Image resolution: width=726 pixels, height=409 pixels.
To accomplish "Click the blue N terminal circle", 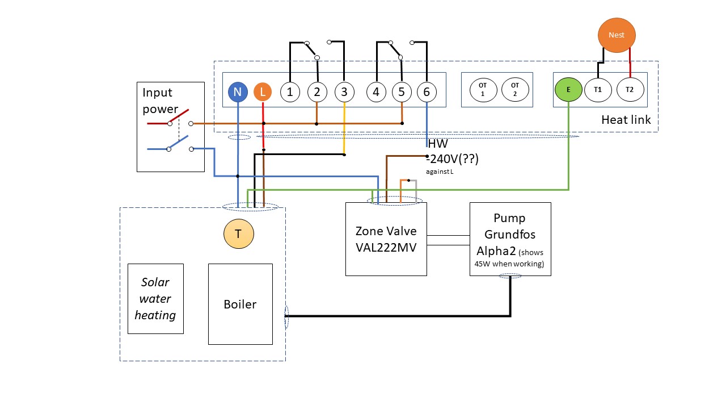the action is pyautogui.click(x=238, y=92).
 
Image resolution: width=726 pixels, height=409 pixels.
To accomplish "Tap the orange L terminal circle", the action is pyautogui.click(x=263, y=92).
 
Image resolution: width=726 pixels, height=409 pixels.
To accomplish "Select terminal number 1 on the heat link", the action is pyautogui.click(x=290, y=92).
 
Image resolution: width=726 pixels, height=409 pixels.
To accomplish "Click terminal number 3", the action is pyautogui.click(x=344, y=92).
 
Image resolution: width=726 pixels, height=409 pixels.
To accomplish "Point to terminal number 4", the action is pyautogui.click(x=376, y=92).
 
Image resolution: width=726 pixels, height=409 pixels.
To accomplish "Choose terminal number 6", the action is pyautogui.click(x=427, y=92).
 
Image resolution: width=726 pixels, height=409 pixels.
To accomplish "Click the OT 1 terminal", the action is pyautogui.click(x=483, y=90).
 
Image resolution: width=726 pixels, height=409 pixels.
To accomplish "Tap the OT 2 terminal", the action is pyautogui.click(x=515, y=90).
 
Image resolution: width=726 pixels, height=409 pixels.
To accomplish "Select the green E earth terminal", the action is pyautogui.click(x=568, y=90).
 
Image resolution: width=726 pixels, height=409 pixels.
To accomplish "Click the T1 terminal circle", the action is pyautogui.click(x=598, y=90).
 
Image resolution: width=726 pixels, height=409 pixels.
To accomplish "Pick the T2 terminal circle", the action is pyautogui.click(x=630, y=90).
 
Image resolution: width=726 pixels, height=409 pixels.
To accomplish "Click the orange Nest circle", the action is pyautogui.click(x=617, y=35).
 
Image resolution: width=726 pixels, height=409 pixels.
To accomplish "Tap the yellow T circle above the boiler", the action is pyautogui.click(x=239, y=233).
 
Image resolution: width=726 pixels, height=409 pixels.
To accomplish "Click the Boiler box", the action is pyautogui.click(x=240, y=304).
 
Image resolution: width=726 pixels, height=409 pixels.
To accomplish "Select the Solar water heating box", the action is pyautogui.click(x=155, y=299).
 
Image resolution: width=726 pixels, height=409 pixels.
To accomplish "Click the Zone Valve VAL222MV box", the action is pyautogui.click(x=386, y=239).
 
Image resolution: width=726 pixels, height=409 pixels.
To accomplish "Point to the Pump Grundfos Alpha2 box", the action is pyautogui.click(x=510, y=239).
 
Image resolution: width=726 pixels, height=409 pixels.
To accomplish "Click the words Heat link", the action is pyautogui.click(x=626, y=120).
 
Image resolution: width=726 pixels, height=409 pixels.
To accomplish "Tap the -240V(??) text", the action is pyautogui.click(x=453, y=158).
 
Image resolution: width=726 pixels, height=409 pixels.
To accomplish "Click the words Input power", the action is pyautogui.click(x=160, y=101).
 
